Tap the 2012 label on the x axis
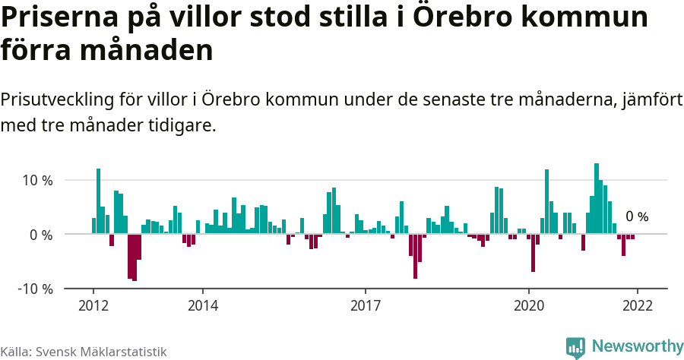click(93, 305)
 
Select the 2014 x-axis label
click(202, 305)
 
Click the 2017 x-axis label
click(366, 305)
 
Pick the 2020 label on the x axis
click(529, 305)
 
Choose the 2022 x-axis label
click(637, 305)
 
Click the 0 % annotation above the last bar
click(637, 217)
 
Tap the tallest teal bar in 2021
click(597, 199)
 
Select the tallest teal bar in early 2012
click(98, 201)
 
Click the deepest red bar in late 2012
click(135, 257)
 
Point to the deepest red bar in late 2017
click(415, 257)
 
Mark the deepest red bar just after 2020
click(534, 253)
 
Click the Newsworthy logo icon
click(575, 347)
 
